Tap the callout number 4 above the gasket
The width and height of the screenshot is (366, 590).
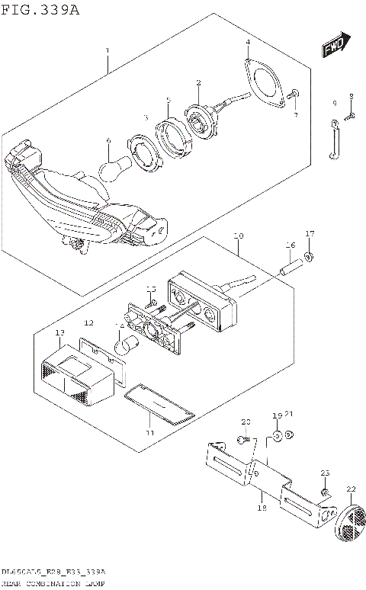(247, 43)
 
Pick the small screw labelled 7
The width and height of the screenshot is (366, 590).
(297, 94)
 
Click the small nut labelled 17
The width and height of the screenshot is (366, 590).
(308, 255)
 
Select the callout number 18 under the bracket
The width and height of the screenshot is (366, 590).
(261, 507)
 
